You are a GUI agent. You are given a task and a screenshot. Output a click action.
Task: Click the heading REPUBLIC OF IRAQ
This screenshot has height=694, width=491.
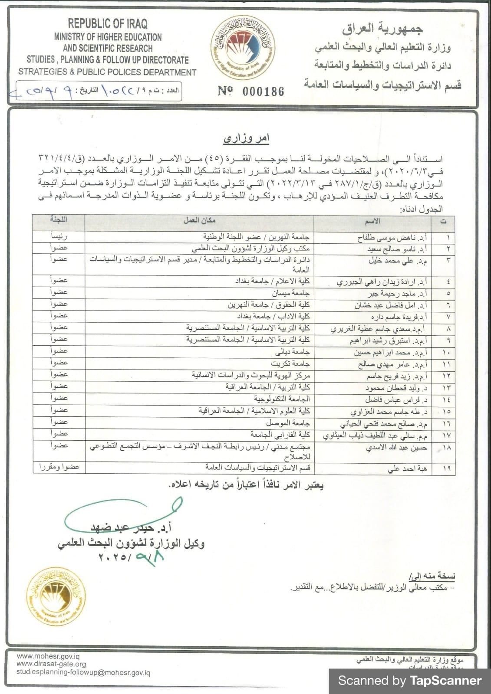tap(107, 23)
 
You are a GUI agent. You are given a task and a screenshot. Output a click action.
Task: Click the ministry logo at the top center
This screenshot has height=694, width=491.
tap(243, 48)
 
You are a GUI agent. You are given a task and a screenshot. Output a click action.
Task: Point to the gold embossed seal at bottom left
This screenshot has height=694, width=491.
tap(56, 596)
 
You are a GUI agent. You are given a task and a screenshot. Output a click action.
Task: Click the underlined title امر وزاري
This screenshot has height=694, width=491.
tap(246, 138)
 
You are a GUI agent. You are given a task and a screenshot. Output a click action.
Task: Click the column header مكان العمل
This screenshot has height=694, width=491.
tap(199, 221)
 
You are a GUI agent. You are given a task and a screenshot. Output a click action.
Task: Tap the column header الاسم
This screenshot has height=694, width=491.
tap(372, 222)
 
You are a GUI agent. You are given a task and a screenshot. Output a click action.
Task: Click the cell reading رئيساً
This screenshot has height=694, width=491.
tap(59, 237)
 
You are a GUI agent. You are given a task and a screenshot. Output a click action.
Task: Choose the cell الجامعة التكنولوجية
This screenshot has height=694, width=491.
tap(282, 399)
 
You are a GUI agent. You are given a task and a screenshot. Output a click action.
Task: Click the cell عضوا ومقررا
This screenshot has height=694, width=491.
tap(59, 468)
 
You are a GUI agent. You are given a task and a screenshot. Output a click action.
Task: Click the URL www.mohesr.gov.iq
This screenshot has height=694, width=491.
tap(48, 657)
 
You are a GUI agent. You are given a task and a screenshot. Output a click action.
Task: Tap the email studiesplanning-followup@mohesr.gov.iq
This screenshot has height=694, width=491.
tap(83, 672)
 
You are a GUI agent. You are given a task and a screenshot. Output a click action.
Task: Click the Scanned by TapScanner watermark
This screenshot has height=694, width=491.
tap(409, 681)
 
